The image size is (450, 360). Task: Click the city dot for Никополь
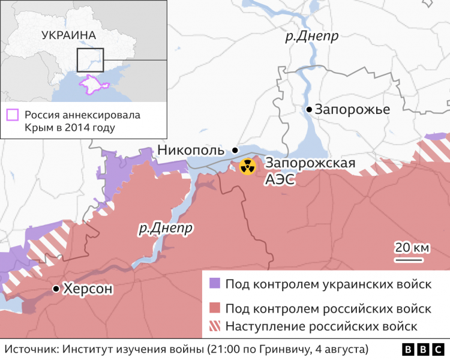tap(235, 150)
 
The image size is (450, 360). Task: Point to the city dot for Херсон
tap(56, 289)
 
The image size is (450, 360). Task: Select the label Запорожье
tap(352, 110)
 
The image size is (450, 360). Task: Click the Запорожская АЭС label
tap(310, 171)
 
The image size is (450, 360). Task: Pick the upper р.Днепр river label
tap(311, 37)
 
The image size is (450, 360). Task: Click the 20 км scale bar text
tap(411, 247)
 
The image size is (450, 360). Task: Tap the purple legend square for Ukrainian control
tap(214, 284)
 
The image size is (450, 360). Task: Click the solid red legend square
tap(214, 308)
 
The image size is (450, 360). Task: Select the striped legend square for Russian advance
tap(214, 327)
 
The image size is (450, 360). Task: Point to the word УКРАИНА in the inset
tap(69, 35)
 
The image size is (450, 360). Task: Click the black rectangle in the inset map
tap(90, 61)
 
